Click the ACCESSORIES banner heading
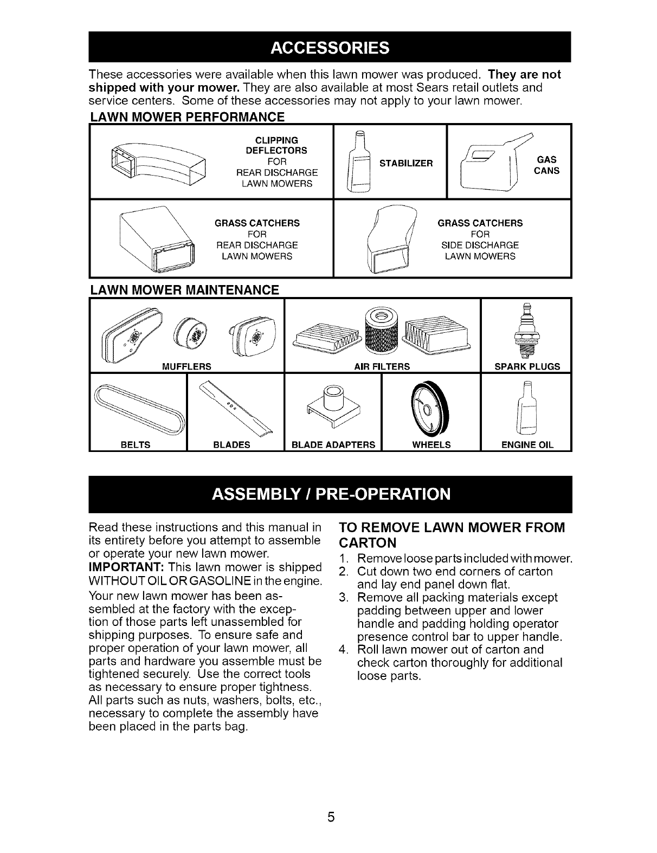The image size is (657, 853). click(329, 48)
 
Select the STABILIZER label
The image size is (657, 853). click(406, 163)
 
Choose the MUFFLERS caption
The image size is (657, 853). click(186, 366)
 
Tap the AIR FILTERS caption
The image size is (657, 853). click(382, 366)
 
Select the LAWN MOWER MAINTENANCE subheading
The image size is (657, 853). click(184, 290)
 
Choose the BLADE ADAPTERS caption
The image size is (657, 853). click(333, 445)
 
